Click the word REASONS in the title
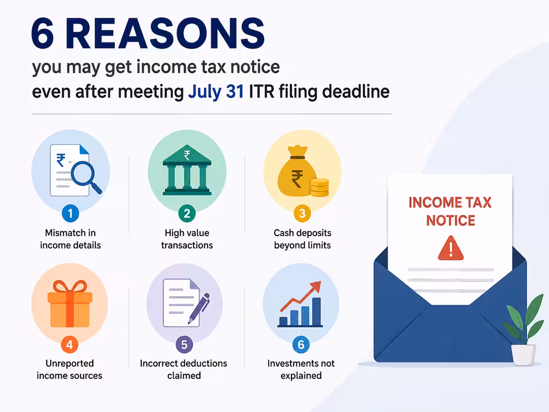[165, 33]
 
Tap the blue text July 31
[216, 92]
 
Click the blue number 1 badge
[70, 213]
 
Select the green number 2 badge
[187, 213]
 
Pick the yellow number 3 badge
[302, 213]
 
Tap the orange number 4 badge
[70, 344]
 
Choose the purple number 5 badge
[184, 344]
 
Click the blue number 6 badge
[301, 344]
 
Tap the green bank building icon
[187, 170]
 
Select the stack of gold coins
[320, 187]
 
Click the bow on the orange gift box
[70, 287]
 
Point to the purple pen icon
[199, 309]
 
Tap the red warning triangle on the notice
[451, 249]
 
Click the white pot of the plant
[523, 354]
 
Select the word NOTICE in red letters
[451, 220]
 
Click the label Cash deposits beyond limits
[302, 239]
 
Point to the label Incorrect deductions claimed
[183, 369]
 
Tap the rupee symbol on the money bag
[297, 179]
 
